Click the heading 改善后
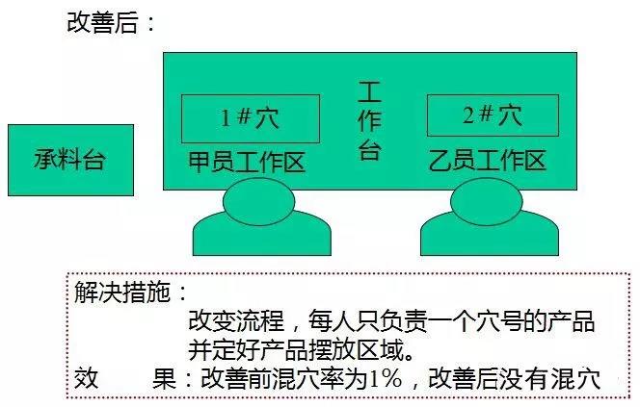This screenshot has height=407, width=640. click(102, 22)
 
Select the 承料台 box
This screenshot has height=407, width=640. click(71, 160)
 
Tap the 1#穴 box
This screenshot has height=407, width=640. click(251, 118)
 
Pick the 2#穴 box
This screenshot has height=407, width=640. click(493, 115)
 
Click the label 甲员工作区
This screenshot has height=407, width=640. click(247, 162)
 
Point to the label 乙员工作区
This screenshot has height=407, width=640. click(488, 160)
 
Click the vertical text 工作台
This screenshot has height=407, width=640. click(370, 120)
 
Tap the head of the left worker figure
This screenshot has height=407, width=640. click(258, 202)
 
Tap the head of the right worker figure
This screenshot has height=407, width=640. click(486, 202)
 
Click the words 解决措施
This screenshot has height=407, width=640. click(122, 292)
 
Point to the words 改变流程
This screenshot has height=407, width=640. click(236, 320)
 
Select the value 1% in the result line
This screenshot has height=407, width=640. click(385, 378)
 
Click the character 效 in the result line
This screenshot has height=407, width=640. click(87, 378)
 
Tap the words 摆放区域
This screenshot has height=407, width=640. click(357, 349)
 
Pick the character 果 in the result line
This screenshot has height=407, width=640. click(164, 378)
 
